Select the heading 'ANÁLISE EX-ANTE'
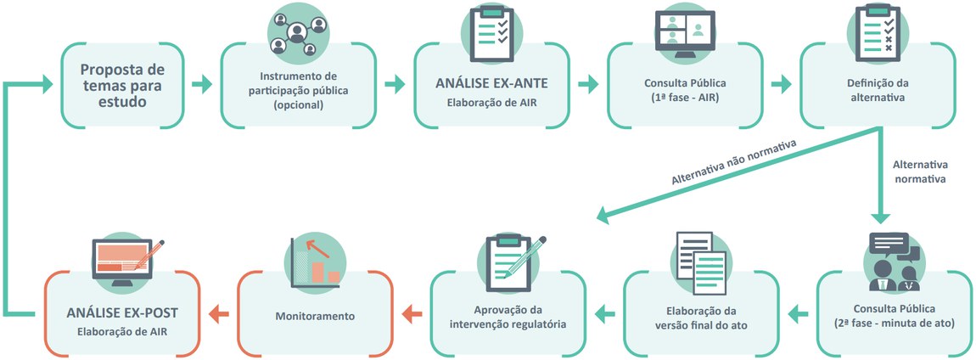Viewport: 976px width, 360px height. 491,83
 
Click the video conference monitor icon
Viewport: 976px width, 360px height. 684,36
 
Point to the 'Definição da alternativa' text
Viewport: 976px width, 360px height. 878,90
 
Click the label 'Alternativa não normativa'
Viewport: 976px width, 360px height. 734,163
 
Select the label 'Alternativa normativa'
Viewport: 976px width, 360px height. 920,171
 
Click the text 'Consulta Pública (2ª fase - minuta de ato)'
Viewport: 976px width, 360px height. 895,316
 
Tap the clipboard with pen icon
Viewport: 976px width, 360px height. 508,256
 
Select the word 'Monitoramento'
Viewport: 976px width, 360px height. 314,316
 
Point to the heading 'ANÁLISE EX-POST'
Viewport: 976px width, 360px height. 122,312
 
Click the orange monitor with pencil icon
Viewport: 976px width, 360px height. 124,262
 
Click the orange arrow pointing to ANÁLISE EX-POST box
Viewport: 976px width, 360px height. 218,314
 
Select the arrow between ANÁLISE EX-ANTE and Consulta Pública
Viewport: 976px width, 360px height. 587,84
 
